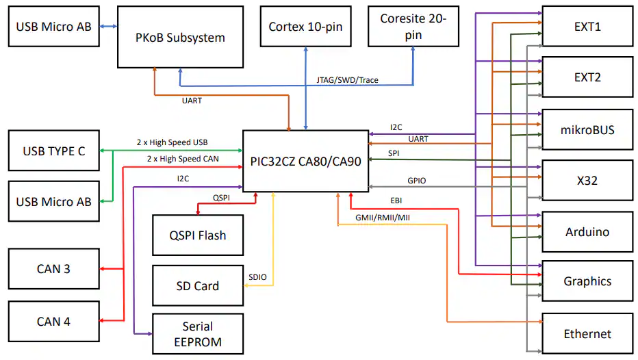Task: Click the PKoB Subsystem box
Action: click(180, 38)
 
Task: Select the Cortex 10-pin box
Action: click(305, 27)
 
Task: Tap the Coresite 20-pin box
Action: click(413, 27)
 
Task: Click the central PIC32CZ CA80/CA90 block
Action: click(305, 162)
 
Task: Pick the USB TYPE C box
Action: click(54, 151)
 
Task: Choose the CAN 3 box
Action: click(53, 269)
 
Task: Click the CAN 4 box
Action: click(53, 321)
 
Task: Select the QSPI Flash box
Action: click(197, 235)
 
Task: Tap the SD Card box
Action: click(197, 285)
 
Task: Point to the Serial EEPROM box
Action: click(197, 334)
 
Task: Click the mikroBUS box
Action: click(587, 129)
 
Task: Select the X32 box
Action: click(587, 181)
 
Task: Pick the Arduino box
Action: click(587, 232)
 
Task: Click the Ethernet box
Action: click(587, 334)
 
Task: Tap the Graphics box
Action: click(587, 281)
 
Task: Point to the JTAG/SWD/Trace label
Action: click(347, 80)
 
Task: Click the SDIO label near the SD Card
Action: click(257, 277)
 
